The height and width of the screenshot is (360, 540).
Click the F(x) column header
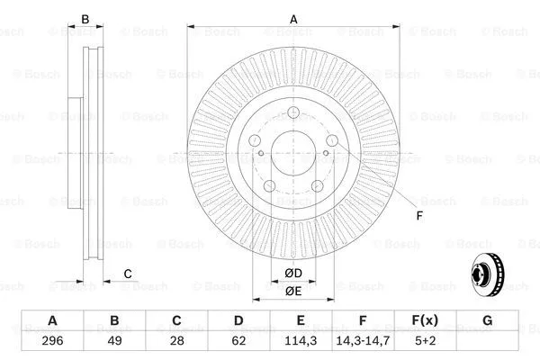tap(425, 321)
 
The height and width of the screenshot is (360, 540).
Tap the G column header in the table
tap(487, 321)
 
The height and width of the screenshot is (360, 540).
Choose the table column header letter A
tap(52, 321)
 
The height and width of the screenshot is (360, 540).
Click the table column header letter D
tap(238, 321)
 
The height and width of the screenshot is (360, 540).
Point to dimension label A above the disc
tap(293, 18)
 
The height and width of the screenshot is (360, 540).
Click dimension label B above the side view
tap(85, 19)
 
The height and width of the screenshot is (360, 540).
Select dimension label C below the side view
tap(128, 274)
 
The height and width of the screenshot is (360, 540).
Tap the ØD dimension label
tap(293, 274)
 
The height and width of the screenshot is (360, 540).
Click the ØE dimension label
tap(293, 291)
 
